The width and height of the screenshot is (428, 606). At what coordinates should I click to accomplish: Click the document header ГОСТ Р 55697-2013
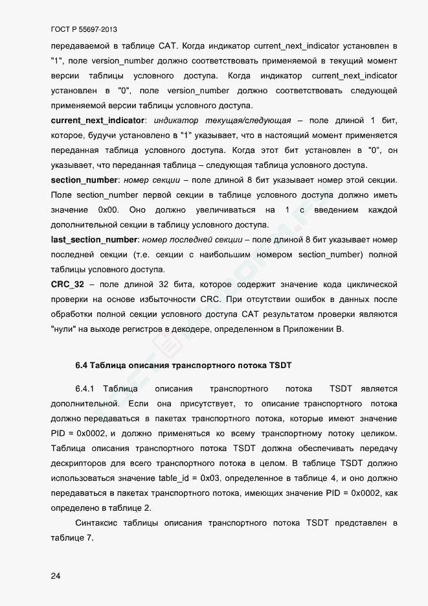84,30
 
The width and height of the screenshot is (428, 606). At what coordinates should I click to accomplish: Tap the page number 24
56,577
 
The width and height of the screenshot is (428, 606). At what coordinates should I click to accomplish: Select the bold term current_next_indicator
98,121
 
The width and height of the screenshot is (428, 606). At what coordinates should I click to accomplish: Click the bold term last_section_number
94,240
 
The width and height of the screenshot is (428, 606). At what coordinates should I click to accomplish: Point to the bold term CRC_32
67,285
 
